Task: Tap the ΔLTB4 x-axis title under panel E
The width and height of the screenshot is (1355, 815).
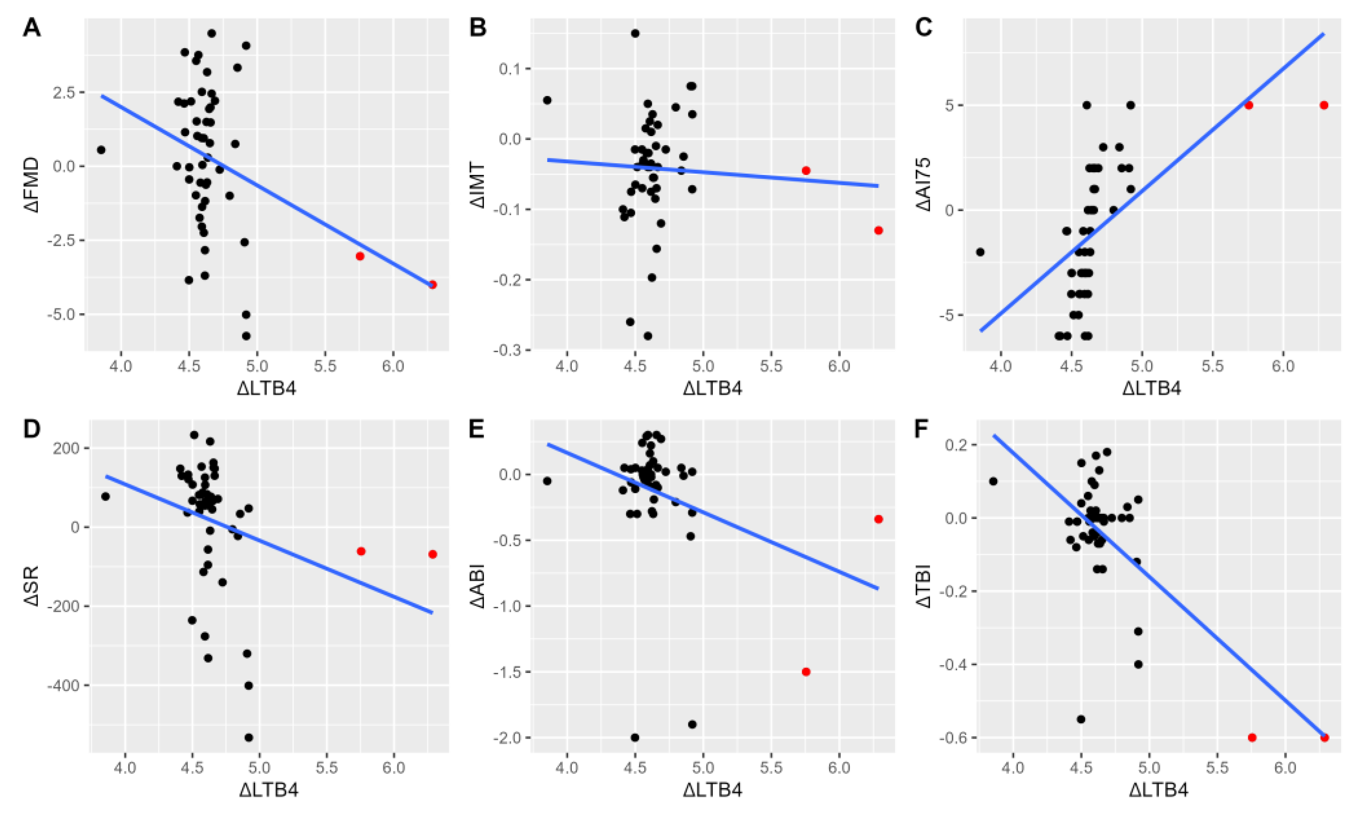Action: [x=712, y=790]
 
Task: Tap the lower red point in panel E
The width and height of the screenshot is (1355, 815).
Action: [x=806, y=672]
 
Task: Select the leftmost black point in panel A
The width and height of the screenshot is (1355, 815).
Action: [x=101, y=149]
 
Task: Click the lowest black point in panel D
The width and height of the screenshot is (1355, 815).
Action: [x=248, y=737]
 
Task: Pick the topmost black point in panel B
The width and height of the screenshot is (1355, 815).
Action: [x=635, y=34]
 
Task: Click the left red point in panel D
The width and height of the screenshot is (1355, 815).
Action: [x=361, y=551]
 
